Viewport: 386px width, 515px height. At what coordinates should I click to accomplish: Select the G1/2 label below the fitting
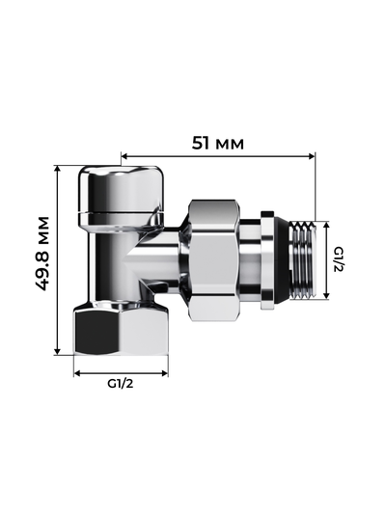[x=121, y=383]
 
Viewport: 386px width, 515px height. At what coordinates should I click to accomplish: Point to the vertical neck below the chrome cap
[x=114, y=260]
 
